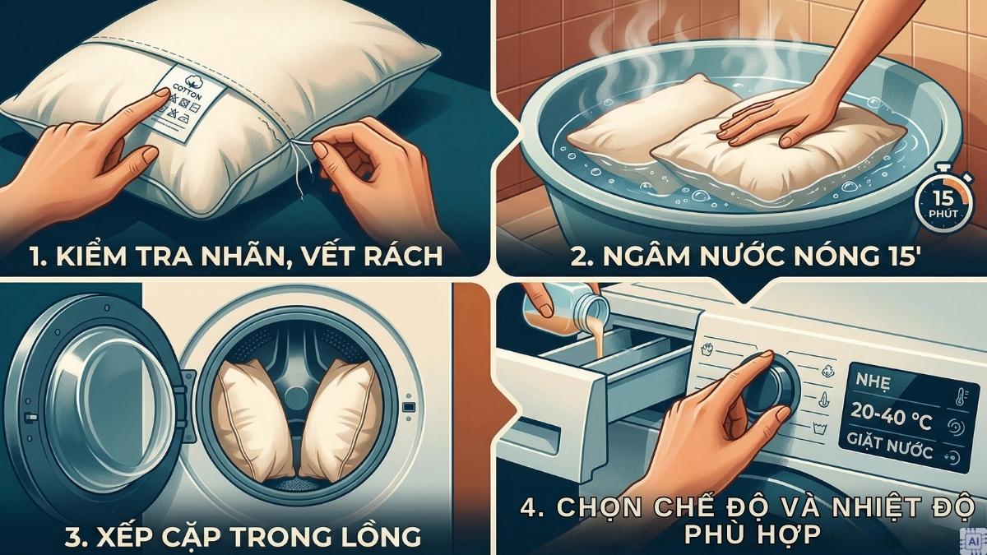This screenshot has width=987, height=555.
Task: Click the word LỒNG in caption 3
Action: click(378, 536)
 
